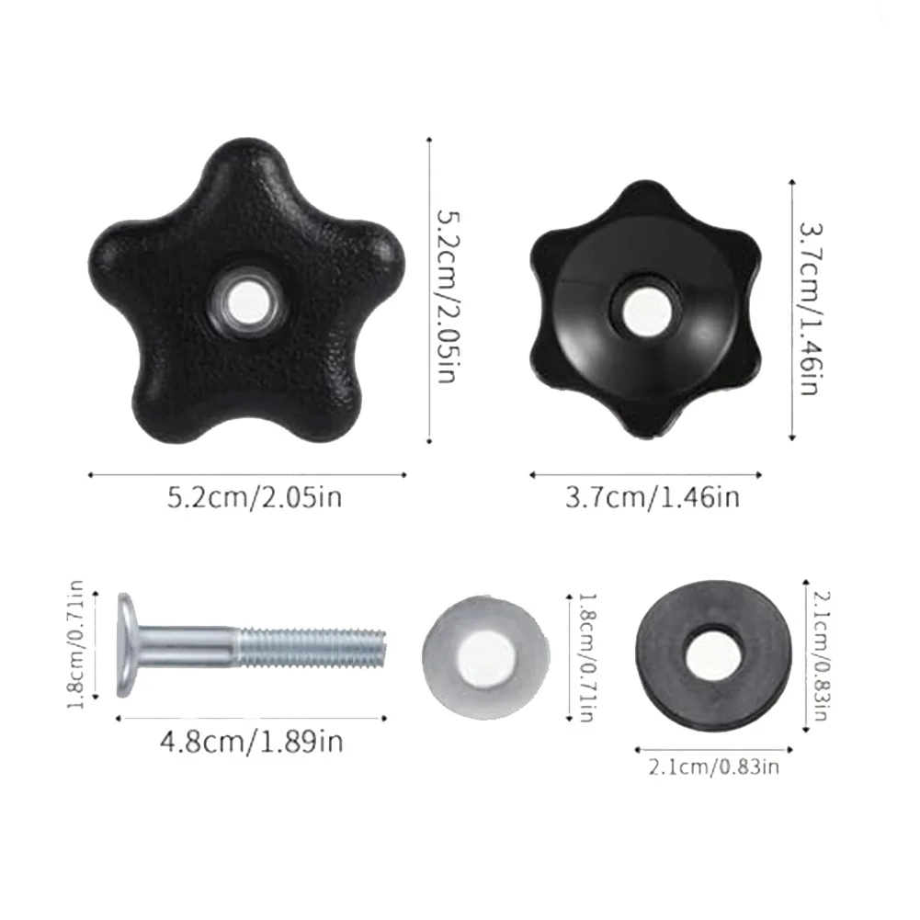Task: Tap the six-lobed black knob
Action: click(645, 309)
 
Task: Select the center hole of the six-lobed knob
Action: click(646, 309)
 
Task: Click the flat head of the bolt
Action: click(127, 645)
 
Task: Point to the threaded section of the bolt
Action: click(312, 647)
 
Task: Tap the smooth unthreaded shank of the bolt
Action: click(187, 647)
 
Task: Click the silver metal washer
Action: click(486, 658)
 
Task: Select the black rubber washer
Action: click(713, 655)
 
